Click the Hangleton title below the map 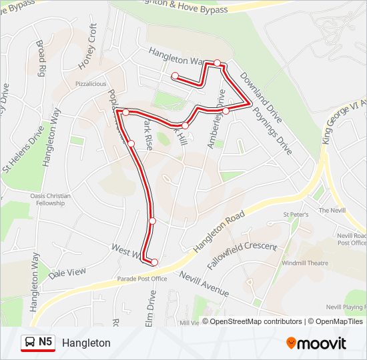tap(86, 343)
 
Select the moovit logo tap(316, 343)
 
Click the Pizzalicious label tap(91, 84)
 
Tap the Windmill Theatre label tap(305, 263)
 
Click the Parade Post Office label tap(142, 279)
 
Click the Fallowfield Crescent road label tap(242, 256)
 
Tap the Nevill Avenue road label tap(204, 283)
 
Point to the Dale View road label tap(68, 273)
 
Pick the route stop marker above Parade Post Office tap(154, 262)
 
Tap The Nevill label tap(332, 210)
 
